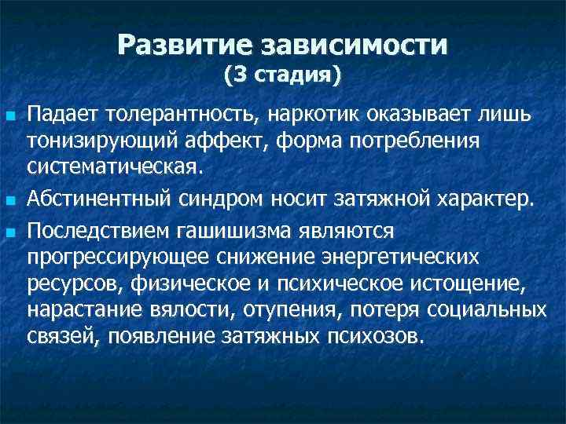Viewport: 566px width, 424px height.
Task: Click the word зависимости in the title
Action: [359, 44]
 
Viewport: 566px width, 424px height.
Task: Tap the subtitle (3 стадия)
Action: [282, 76]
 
